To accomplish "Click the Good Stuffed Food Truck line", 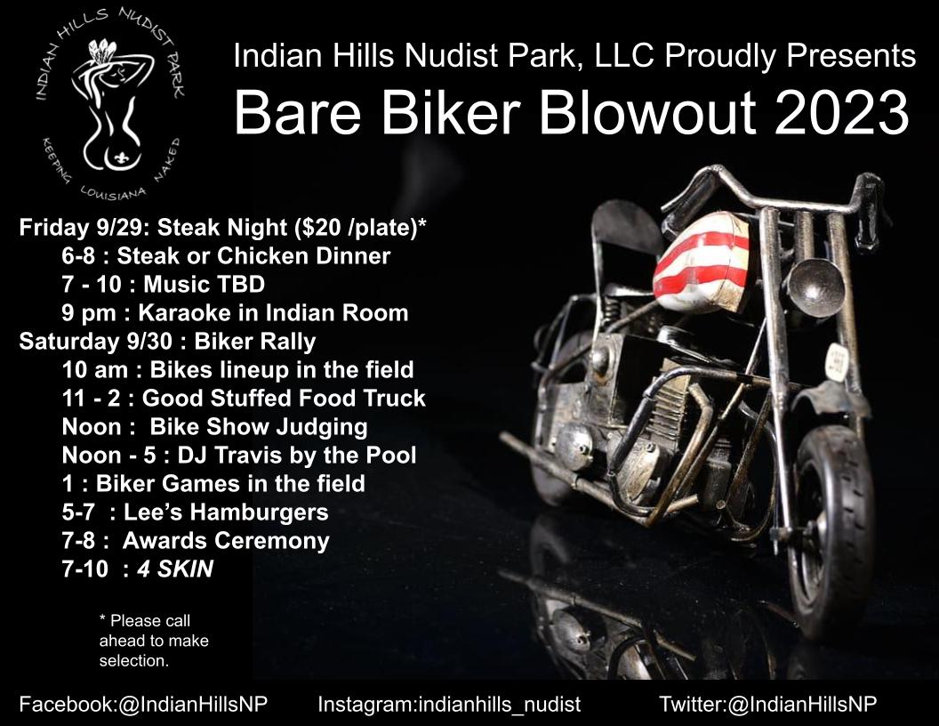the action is click(243, 399).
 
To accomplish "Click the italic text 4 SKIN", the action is click(175, 569).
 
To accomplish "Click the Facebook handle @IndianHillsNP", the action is click(193, 704).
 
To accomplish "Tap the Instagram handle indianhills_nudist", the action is click(499, 704).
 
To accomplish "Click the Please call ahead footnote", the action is click(153, 641).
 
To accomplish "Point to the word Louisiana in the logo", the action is click(112, 193).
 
